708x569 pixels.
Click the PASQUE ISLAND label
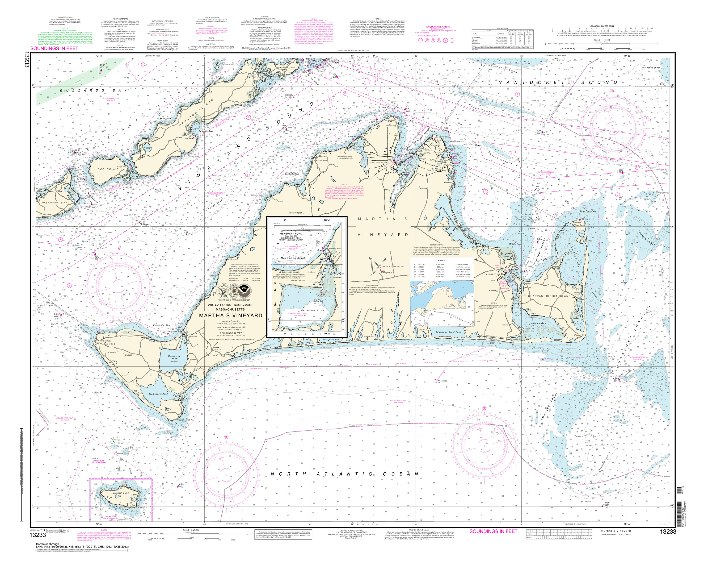click(108, 169)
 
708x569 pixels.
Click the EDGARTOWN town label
click(493, 274)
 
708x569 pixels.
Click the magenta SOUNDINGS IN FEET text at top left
click(54, 49)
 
